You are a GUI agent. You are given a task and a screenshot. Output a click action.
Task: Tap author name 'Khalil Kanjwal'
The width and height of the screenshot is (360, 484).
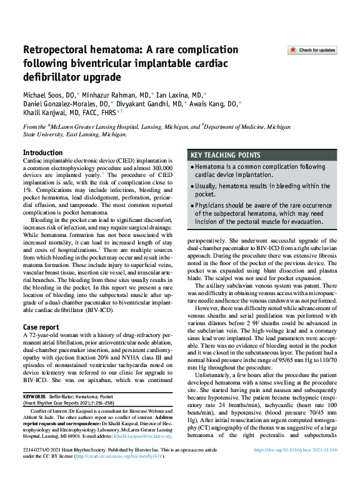click(x=47, y=113)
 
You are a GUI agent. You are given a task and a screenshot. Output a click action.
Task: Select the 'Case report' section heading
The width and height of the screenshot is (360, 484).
click(x=41, y=327)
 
